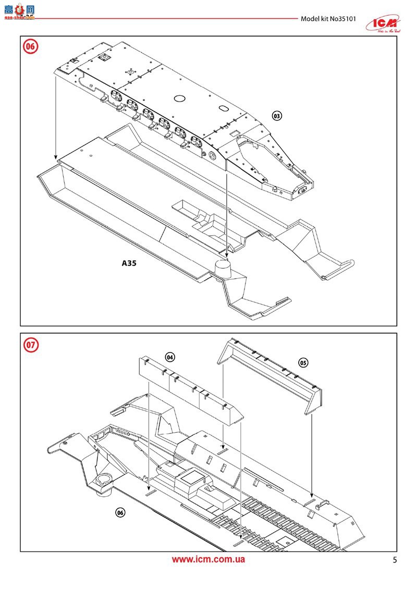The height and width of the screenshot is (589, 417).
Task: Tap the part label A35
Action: tap(129, 264)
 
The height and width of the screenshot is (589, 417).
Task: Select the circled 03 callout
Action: tap(277, 115)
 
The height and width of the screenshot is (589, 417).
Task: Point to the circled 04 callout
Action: tap(169, 357)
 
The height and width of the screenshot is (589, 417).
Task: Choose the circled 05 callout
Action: tap(303, 362)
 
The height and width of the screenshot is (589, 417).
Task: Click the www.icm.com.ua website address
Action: tap(208, 559)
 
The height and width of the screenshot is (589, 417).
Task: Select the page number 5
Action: tap(395, 560)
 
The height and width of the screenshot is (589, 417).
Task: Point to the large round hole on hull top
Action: tap(180, 98)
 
